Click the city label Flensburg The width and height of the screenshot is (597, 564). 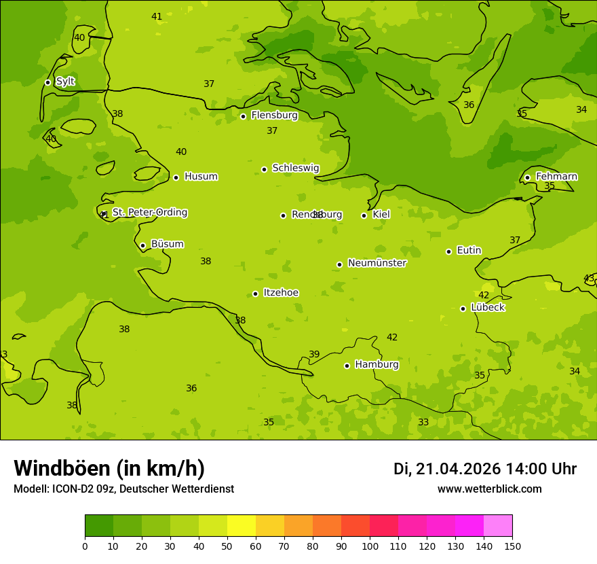274,116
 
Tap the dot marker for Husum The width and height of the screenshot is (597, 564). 176,177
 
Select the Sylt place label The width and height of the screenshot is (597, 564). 65,82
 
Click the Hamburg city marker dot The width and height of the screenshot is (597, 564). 347,366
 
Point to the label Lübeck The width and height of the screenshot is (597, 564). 487,308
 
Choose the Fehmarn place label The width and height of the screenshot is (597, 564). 556,177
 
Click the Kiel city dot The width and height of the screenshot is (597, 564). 364,215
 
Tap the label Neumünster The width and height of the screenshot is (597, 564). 377,263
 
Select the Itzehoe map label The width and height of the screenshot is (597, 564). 281,293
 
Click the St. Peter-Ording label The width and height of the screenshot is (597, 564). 149,213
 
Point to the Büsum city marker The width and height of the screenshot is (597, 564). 142,245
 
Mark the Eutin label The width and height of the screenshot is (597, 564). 469,251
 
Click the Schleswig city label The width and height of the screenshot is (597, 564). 295,168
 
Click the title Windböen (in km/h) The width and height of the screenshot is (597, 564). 109,468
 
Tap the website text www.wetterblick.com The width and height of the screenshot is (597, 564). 489,489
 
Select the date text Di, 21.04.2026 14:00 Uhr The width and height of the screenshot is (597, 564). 484,469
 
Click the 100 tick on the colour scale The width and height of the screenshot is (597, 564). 370,546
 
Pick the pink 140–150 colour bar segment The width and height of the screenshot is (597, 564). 498,526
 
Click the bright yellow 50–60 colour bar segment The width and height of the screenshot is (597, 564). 242,526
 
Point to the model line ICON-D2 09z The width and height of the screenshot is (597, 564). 123,489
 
